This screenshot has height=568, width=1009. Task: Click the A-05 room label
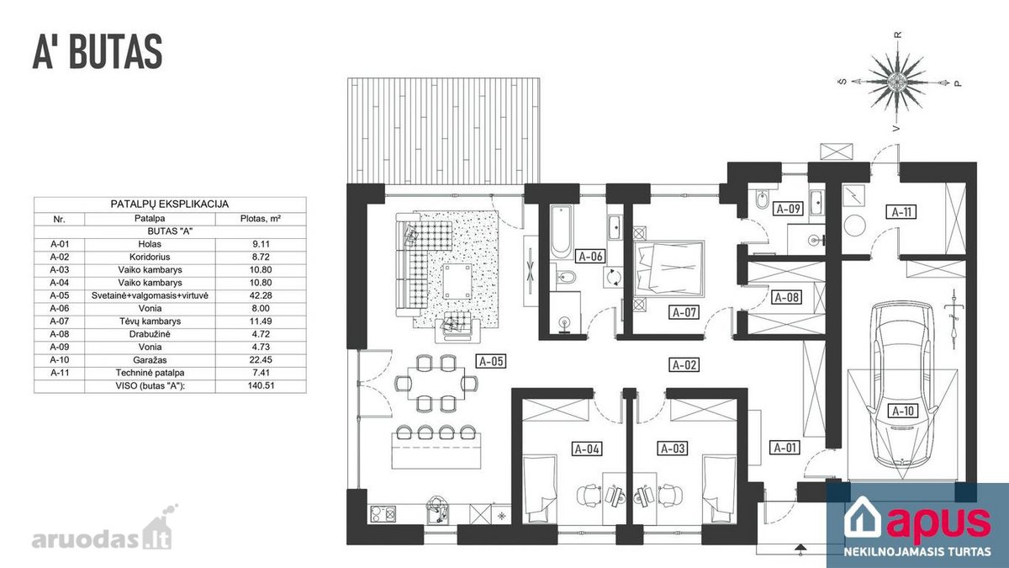[491, 361]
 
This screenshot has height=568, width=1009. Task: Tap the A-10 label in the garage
[903, 411]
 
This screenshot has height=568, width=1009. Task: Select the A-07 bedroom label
[684, 312]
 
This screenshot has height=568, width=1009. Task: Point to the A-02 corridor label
[684, 364]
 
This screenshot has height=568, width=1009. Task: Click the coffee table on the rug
[457, 282]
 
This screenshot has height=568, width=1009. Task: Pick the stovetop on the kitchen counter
[383, 514]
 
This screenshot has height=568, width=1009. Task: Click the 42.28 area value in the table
[261, 295]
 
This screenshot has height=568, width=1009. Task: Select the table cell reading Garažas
[150, 360]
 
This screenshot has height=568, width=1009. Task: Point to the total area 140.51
[261, 386]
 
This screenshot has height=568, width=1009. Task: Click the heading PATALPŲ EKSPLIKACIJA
[169, 204]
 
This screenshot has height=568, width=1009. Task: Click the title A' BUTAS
[98, 52]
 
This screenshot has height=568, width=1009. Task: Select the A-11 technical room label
[901, 212]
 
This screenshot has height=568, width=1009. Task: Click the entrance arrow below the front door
[800, 549]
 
